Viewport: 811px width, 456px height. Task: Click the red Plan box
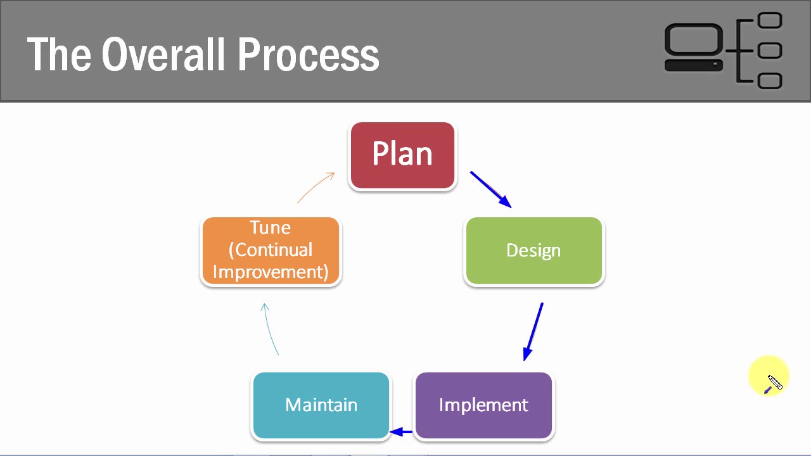point(402,155)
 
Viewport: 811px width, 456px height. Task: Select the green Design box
point(533,251)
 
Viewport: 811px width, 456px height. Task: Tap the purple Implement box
point(483,405)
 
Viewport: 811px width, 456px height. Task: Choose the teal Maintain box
point(321,405)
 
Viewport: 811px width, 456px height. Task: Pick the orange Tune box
point(271,251)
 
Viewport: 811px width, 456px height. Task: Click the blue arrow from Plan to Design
point(490,189)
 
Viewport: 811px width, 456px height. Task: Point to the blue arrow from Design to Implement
point(533,331)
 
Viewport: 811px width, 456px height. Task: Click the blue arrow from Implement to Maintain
point(401,432)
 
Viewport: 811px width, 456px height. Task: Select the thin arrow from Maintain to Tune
point(271,328)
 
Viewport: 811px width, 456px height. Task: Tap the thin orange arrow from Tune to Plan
point(316,187)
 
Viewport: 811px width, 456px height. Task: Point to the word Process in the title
point(309,54)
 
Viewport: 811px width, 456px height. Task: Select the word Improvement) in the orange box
point(271,272)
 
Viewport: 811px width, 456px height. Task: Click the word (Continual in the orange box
point(271,250)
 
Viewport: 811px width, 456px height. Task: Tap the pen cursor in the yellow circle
point(773,383)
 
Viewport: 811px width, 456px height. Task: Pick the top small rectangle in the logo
point(770,21)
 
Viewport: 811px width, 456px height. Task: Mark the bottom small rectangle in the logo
point(770,80)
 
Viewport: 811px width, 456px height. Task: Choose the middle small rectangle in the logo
point(770,50)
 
